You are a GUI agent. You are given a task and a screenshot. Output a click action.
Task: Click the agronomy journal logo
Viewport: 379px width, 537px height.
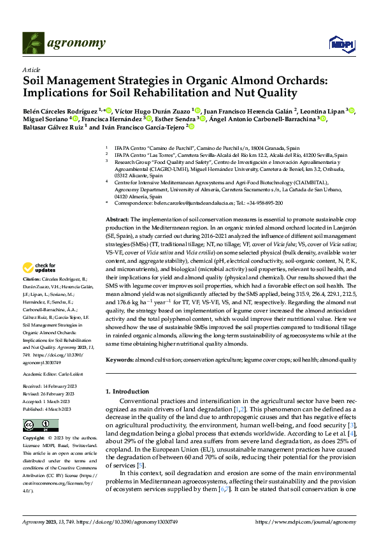pos(64,43)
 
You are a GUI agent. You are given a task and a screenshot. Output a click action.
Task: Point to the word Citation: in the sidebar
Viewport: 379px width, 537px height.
pos(32,297)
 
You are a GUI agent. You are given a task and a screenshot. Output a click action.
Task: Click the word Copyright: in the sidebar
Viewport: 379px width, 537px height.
pos(34,439)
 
